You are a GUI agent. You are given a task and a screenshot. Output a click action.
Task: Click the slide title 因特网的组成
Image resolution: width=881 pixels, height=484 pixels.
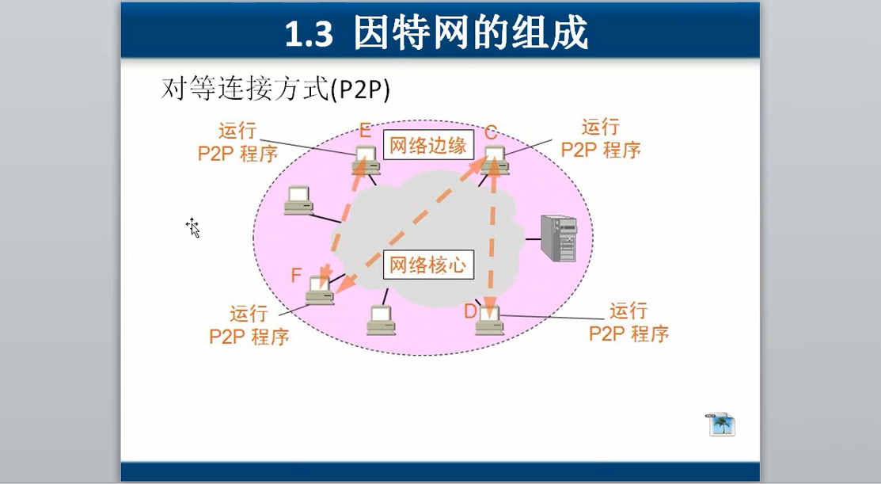tap(470, 33)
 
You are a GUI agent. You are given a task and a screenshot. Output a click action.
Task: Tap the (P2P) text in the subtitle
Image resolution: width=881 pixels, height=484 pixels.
tap(360, 90)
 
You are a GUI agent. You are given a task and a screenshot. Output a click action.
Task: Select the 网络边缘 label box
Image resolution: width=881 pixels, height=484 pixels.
tap(428, 146)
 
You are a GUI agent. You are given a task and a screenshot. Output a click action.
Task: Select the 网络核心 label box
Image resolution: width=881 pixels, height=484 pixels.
tap(428, 265)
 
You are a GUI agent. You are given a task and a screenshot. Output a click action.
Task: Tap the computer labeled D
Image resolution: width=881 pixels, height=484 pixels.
tap(489, 321)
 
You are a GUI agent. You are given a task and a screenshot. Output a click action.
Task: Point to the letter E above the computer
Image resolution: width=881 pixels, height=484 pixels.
tap(365, 130)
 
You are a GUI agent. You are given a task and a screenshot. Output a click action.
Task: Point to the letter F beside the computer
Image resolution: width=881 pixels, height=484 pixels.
tap(296, 275)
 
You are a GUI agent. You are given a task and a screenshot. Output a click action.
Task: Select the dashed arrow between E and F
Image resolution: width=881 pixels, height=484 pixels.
tap(344, 219)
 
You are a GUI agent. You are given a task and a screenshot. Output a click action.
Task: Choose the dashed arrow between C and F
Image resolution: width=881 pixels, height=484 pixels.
tap(412, 226)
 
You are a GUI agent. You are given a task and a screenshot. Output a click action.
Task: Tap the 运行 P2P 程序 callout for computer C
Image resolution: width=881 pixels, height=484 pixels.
tap(601, 139)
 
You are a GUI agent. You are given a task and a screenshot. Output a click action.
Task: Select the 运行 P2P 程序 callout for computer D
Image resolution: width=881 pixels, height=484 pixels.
tap(628, 322)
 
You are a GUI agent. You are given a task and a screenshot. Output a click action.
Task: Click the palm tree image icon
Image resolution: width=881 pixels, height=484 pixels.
tap(721, 425)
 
